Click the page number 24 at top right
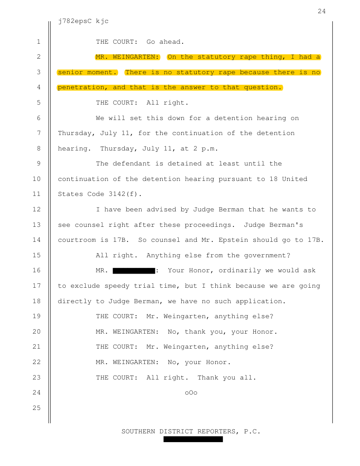(x=322, y=11)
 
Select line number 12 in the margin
(x=37, y=210)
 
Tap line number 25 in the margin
(x=37, y=408)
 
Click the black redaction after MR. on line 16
(x=134, y=271)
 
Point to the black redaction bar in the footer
(x=193, y=440)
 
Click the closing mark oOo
(x=191, y=393)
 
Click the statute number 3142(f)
(x=130, y=194)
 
